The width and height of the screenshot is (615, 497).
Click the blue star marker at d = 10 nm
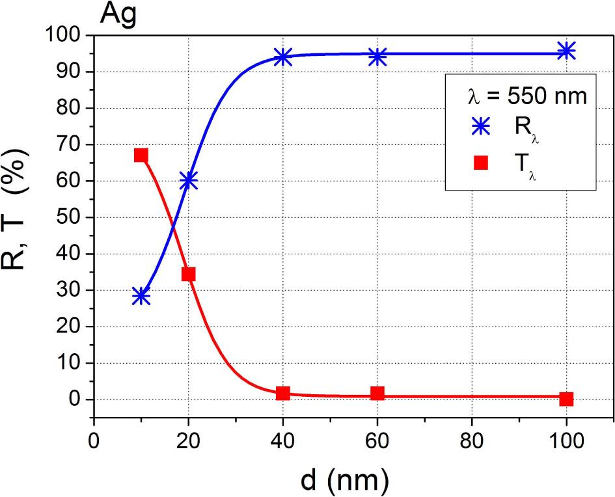pyautogui.click(x=141, y=297)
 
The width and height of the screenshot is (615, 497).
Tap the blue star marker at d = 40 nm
pyautogui.click(x=282, y=57)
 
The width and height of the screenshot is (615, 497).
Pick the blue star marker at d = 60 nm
pyautogui.click(x=377, y=57)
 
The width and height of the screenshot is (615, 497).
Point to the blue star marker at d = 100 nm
pyautogui.click(x=566, y=51)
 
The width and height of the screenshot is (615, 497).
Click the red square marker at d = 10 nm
pyautogui.click(x=141, y=155)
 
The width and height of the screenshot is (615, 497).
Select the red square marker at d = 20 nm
pyautogui.click(x=189, y=274)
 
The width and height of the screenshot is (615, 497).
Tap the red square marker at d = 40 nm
pyautogui.click(x=282, y=394)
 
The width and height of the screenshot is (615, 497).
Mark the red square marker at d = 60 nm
pyautogui.click(x=377, y=394)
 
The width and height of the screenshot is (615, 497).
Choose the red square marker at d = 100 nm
pyautogui.click(x=566, y=399)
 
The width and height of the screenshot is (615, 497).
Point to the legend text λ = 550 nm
pyautogui.click(x=527, y=96)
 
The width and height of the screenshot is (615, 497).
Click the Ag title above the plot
pyautogui.click(x=118, y=14)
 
